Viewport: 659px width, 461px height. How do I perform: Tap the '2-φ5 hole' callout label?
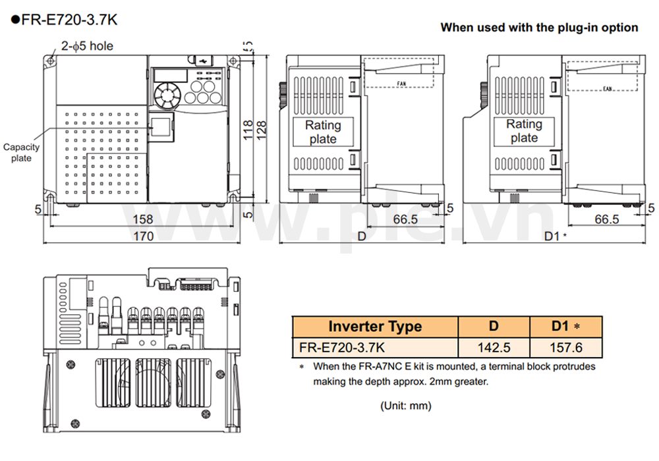point(87,45)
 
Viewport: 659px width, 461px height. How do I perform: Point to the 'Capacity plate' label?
point(21,153)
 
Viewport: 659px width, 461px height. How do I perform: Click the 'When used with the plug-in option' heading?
point(538,28)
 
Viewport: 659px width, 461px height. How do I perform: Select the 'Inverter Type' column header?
point(375,327)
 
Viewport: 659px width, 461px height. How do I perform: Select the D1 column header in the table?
point(565,327)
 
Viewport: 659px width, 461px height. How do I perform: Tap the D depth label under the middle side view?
point(361,236)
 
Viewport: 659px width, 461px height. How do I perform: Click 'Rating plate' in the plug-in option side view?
point(524,131)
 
